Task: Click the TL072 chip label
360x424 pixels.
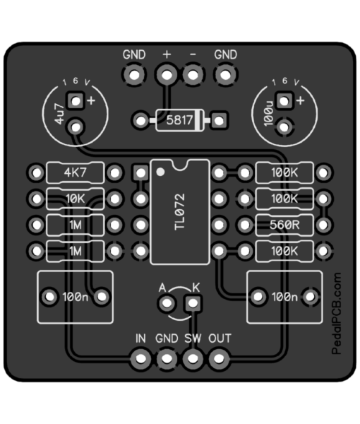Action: [x=180, y=212]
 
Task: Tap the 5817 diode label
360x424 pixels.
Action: [x=179, y=120]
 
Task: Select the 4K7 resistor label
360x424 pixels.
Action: [x=76, y=172]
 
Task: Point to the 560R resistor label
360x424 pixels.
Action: [x=284, y=225]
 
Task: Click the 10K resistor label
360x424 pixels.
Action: [x=76, y=199]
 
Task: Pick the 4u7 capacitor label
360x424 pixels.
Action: [x=60, y=114]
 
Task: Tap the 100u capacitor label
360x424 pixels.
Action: [x=269, y=114]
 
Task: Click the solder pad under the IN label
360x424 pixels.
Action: [x=140, y=359]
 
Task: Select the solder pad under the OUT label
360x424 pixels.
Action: [x=219, y=359]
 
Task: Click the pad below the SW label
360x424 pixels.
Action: [x=193, y=359]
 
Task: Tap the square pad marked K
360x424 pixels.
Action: [x=193, y=303]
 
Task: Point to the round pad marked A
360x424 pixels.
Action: [x=167, y=303]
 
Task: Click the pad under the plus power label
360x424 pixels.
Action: [x=167, y=75]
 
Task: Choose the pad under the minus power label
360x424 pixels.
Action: [x=193, y=75]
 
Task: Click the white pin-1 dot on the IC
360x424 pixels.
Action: [x=160, y=172]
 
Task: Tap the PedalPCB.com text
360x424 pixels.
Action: [x=337, y=313]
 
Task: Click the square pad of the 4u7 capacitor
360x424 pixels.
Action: [x=76, y=101]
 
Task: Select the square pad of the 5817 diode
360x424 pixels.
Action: [x=219, y=120]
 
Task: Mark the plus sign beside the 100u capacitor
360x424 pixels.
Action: [x=300, y=100]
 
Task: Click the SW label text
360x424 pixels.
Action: [x=193, y=338]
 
